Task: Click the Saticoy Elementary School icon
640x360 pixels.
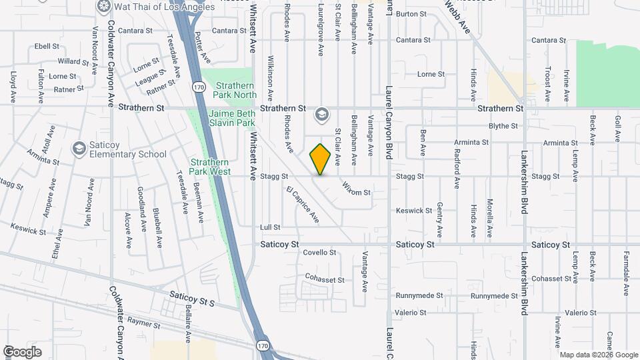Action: [x=79, y=147]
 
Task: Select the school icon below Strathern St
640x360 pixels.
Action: [x=322, y=115]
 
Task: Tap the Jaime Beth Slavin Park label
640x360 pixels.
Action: [x=232, y=118]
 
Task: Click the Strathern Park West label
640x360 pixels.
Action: [x=210, y=167]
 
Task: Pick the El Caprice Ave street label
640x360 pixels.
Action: [x=303, y=205]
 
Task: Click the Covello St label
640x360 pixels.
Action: [x=319, y=253]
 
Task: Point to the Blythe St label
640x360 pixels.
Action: [x=503, y=126]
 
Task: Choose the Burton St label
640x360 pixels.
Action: [x=411, y=13]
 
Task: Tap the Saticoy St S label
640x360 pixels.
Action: [x=192, y=298]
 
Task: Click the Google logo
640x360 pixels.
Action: [x=22, y=351]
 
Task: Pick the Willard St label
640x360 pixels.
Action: [x=73, y=61]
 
